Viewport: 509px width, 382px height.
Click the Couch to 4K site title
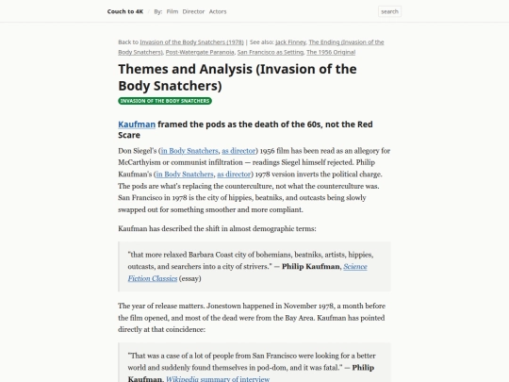(x=126, y=11)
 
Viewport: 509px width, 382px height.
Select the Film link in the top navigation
(x=172, y=11)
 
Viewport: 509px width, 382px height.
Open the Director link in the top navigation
(x=193, y=11)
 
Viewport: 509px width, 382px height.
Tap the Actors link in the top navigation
(x=217, y=11)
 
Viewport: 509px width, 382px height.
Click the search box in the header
(x=389, y=11)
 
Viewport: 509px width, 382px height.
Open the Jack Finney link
(x=281, y=42)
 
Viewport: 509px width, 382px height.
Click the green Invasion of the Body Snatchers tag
(x=165, y=101)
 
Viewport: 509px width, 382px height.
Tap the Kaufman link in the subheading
(x=137, y=124)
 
